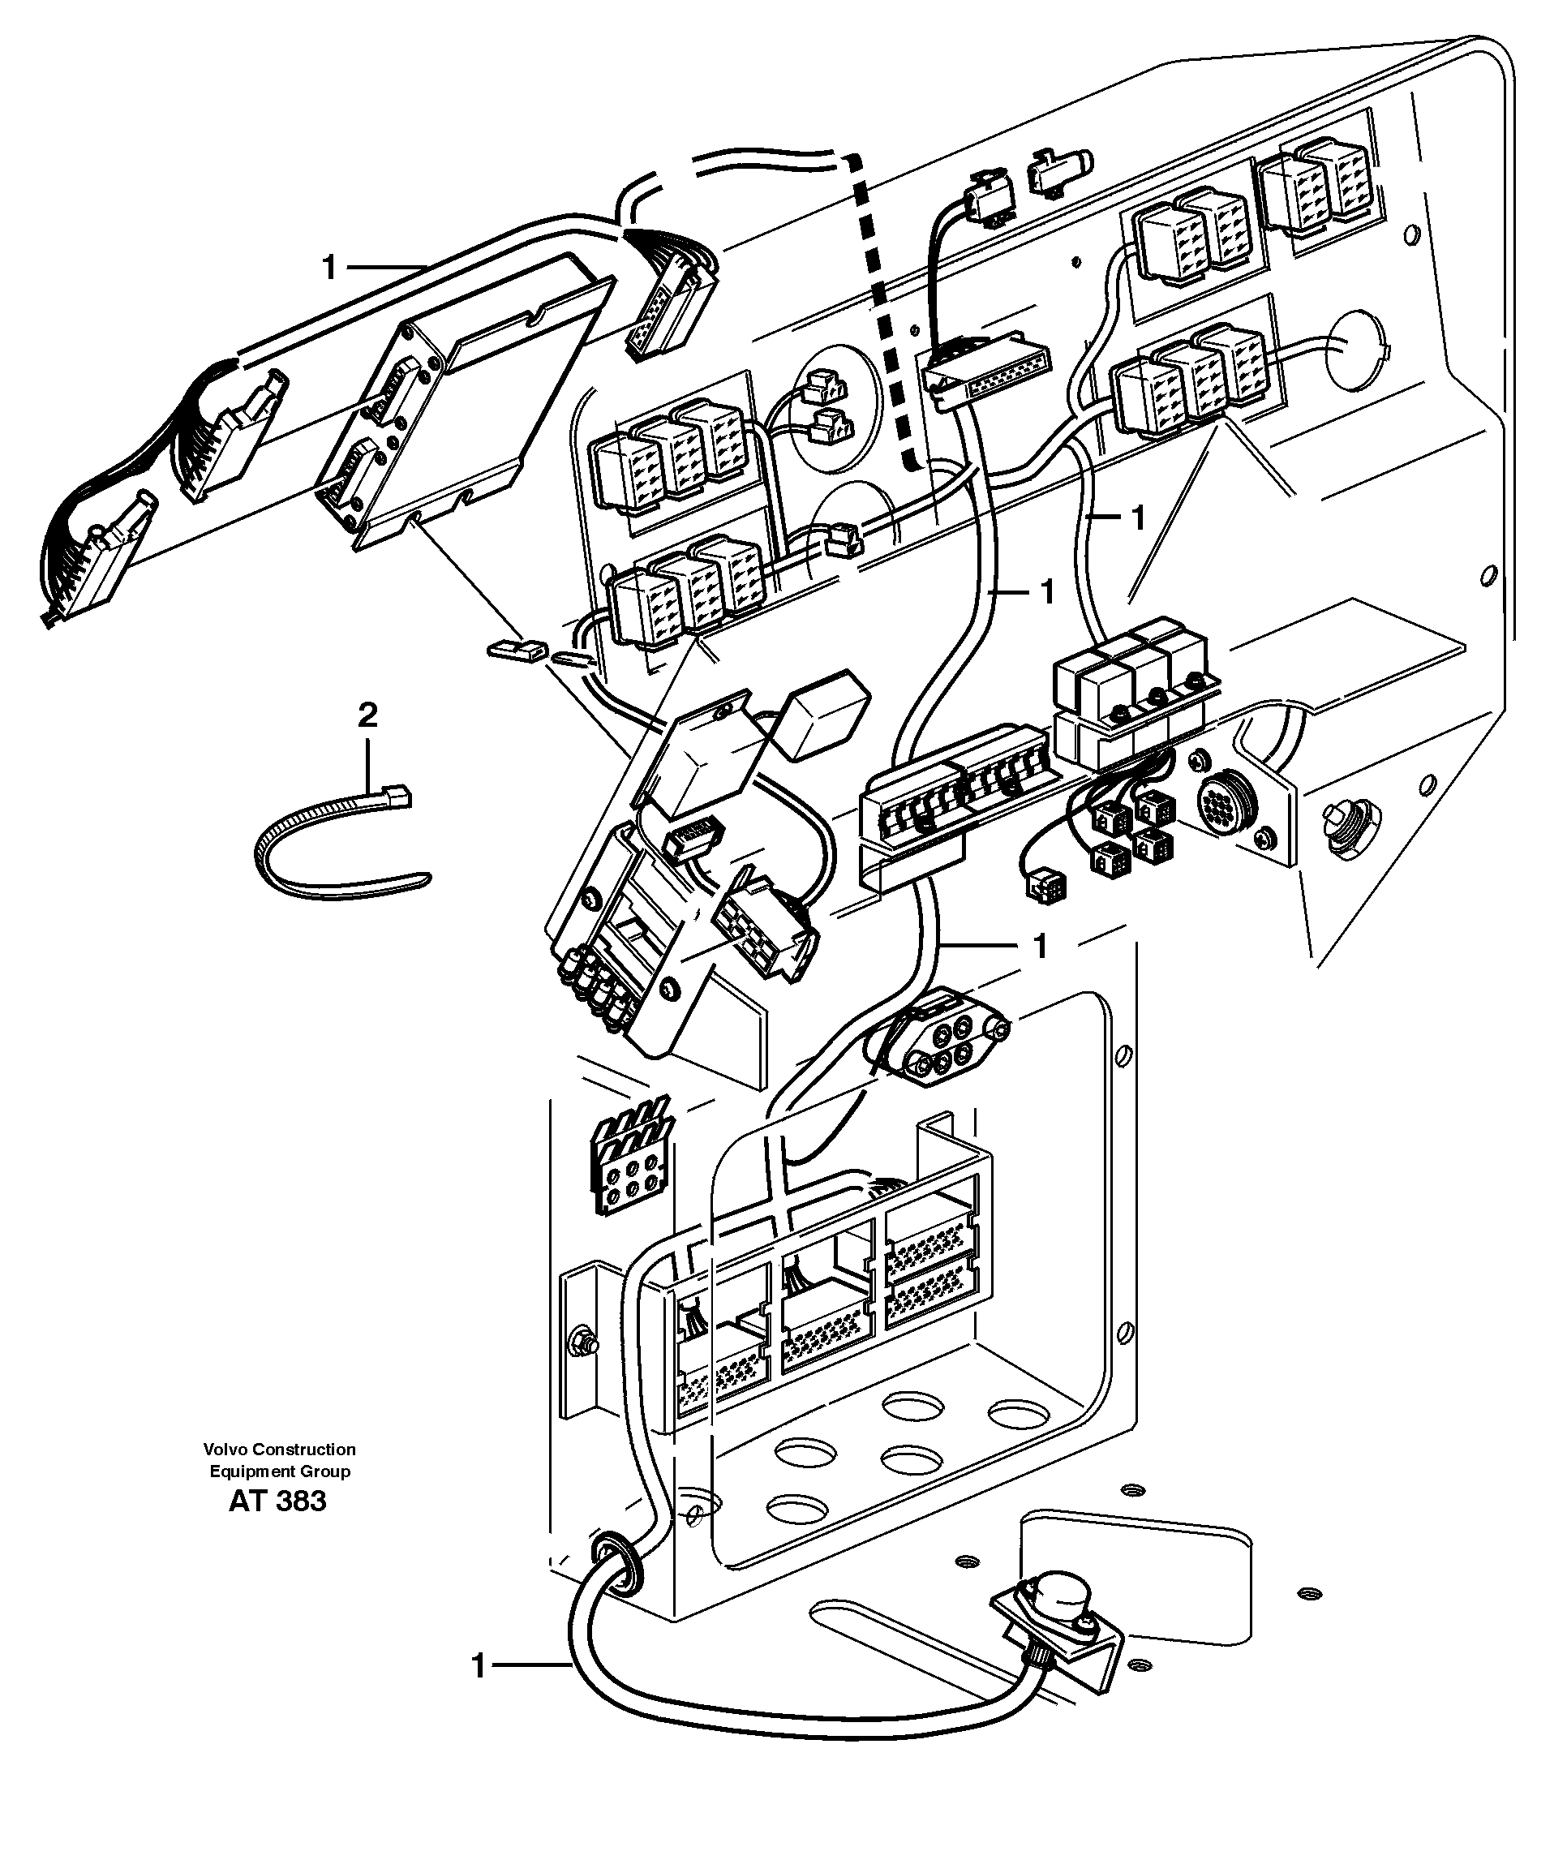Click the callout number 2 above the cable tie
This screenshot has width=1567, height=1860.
point(367,715)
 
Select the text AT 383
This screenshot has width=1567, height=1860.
point(277,1501)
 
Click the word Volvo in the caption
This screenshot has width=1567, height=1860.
point(224,1449)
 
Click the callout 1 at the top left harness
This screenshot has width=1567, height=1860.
point(329,267)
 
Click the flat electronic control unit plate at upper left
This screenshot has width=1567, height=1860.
point(462,409)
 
